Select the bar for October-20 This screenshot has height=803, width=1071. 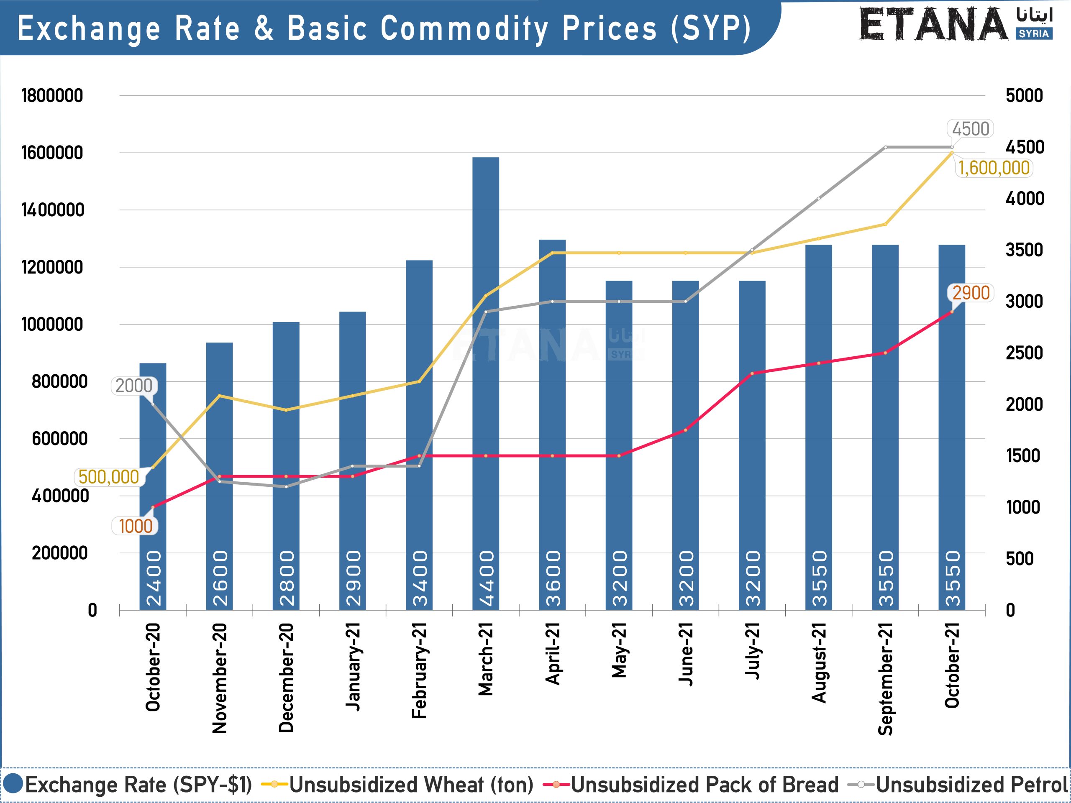click(153, 484)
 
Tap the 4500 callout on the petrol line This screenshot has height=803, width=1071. click(970, 129)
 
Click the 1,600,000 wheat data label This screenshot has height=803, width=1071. click(994, 168)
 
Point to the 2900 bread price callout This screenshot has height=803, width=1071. click(971, 293)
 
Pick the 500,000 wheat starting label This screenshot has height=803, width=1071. click(108, 477)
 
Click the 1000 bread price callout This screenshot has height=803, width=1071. click(135, 526)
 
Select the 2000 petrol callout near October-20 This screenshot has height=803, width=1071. click(133, 386)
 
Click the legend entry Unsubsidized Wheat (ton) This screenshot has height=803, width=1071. click(410, 785)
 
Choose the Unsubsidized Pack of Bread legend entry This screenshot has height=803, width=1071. click(705, 785)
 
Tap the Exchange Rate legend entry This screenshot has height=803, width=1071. click(138, 785)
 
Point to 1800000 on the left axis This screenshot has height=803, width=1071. click(52, 95)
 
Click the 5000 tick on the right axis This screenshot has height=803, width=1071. click(1024, 95)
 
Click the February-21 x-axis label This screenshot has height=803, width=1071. click(419, 670)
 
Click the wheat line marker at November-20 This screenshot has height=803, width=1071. click(219, 396)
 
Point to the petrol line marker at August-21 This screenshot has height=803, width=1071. click(819, 199)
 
